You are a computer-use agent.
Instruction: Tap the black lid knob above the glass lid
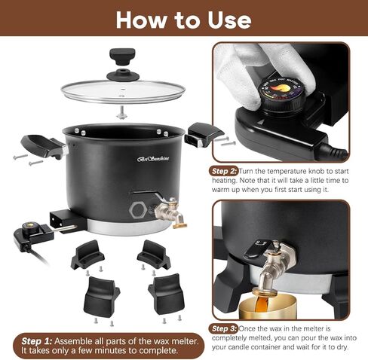(119, 57)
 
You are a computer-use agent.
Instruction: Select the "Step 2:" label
(225, 171)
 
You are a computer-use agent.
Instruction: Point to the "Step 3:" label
(225, 328)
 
